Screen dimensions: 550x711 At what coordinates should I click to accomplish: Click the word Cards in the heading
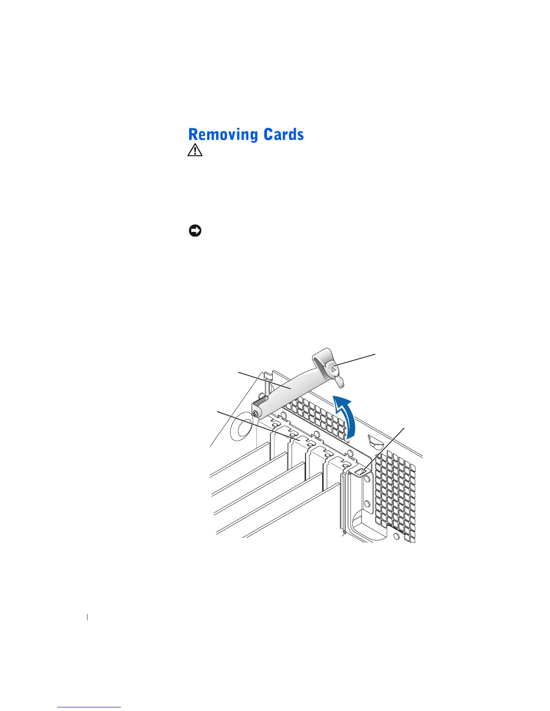pyautogui.click(x=284, y=135)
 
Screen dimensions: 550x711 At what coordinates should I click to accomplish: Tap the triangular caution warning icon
pyautogui.click(x=195, y=150)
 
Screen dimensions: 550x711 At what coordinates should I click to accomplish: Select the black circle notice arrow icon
pyautogui.click(x=195, y=231)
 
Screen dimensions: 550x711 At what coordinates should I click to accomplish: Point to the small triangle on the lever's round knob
pyautogui.click(x=334, y=369)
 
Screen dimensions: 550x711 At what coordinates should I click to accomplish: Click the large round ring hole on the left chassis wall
pyautogui.click(x=239, y=429)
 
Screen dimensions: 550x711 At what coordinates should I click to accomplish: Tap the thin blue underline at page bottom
pyautogui.click(x=89, y=707)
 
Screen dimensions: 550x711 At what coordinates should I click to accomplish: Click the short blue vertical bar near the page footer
pyautogui.click(x=87, y=617)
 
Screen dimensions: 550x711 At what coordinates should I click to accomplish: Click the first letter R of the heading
pyautogui.click(x=194, y=135)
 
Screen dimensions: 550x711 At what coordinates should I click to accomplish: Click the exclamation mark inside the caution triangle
pyautogui.click(x=195, y=151)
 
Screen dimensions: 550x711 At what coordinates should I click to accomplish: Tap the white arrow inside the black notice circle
pyautogui.click(x=195, y=231)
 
